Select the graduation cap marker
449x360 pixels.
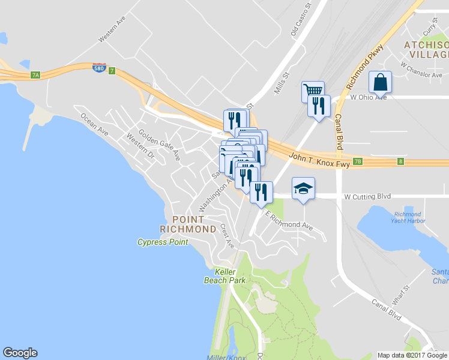coord(303,188)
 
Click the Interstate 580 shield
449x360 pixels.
coord(100,68)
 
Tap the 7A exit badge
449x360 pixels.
coord(35,75)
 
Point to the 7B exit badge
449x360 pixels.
coord(358,161)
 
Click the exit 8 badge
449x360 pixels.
coord(400,161)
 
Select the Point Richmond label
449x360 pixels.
coord(188,224)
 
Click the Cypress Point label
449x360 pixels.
coord(163,242)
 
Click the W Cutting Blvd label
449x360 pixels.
coord(367,196)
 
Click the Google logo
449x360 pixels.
coord(20,353)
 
